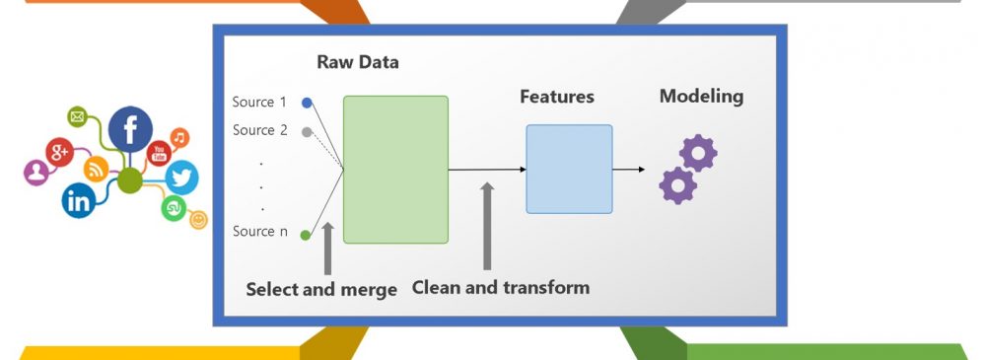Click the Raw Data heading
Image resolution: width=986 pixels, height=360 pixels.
click(357, 62)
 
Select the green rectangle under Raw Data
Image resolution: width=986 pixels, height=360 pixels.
click(395, 170)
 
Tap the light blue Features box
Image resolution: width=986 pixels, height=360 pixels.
click(569, 169)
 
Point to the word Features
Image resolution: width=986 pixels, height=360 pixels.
click(556, 97)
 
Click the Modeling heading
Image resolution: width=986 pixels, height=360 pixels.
click(701, 97)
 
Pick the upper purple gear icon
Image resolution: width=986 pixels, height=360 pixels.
click(698, 153)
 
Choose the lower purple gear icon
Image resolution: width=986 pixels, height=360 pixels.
click(678, 185)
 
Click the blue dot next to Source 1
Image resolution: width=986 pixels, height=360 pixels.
click(307, 103)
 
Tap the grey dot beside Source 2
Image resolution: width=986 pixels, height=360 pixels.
click(307, 132)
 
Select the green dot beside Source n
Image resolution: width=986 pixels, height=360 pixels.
click(306, 236)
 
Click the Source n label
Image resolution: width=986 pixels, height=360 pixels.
click(260, 232)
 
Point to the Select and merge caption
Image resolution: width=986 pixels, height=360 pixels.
click(321, 290)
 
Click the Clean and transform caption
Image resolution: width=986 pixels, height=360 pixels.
click(501, 288)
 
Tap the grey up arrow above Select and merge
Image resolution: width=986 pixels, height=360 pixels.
click(327, 249)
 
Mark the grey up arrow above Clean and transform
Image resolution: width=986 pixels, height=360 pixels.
click(487, 227)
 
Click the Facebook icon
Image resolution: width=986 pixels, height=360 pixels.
click(130, 129)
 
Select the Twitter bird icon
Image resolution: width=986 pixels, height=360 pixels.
click(181, 178)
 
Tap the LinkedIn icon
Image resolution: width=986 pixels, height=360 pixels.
click(79, 201)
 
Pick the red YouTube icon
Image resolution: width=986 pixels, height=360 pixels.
click(159, 153)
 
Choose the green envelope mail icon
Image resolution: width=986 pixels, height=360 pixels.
click(77, 116)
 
